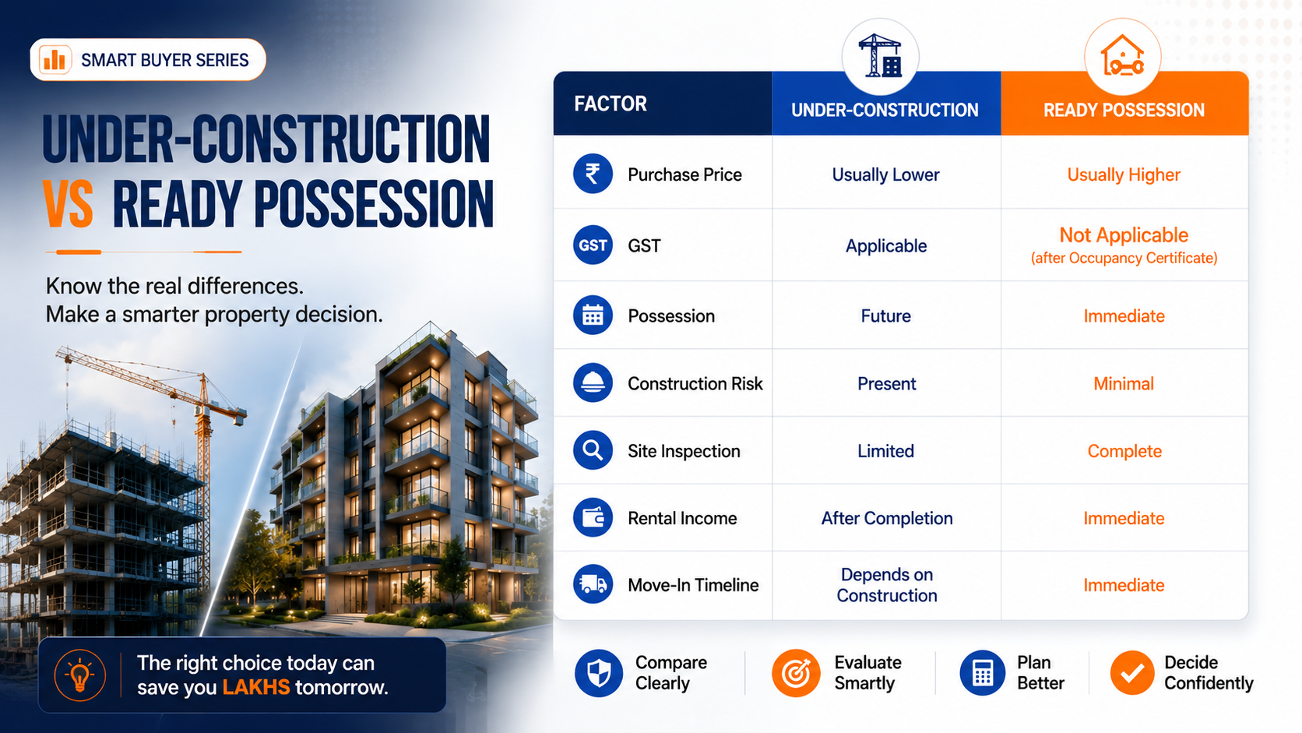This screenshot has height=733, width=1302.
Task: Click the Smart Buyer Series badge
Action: click(148, 60)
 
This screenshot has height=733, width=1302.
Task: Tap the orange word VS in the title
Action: click(68, 204)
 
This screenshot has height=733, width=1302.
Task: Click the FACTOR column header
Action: click(611, 104)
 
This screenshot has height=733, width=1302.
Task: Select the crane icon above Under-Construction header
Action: click(880, 56)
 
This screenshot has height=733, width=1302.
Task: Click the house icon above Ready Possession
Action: click(1122, 55)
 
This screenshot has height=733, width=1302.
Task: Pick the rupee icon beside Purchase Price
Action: click(593, 174)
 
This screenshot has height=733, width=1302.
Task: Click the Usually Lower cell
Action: click(886, 174)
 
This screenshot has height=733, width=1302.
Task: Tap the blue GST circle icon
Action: click(593, 245)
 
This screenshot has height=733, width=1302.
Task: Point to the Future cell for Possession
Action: click(886, 315)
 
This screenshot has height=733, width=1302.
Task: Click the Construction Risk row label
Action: click(695, 384)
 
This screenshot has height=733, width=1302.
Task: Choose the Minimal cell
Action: click(1124, 384)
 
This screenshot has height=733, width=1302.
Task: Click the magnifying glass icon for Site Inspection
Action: click(593, 450)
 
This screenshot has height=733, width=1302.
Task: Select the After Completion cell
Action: click(887, 519)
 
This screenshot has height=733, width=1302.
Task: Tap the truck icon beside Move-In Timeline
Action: click(593, 584)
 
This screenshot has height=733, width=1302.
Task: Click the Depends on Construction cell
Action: click(887, 585)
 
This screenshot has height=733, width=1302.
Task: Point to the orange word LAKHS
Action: click(256, 687)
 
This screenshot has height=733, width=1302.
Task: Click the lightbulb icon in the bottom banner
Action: click(79, 675)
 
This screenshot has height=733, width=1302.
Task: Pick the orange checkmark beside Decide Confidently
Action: click(1131, 672)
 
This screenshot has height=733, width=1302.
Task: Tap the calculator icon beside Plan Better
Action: click(982, 673)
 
